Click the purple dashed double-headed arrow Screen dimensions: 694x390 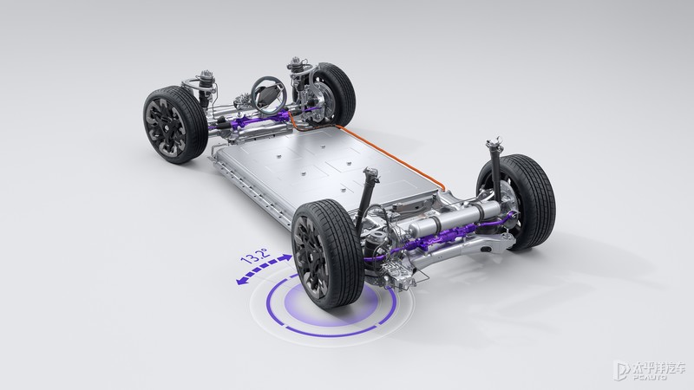(264, 269)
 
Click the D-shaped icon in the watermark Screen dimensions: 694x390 (620, 372)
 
